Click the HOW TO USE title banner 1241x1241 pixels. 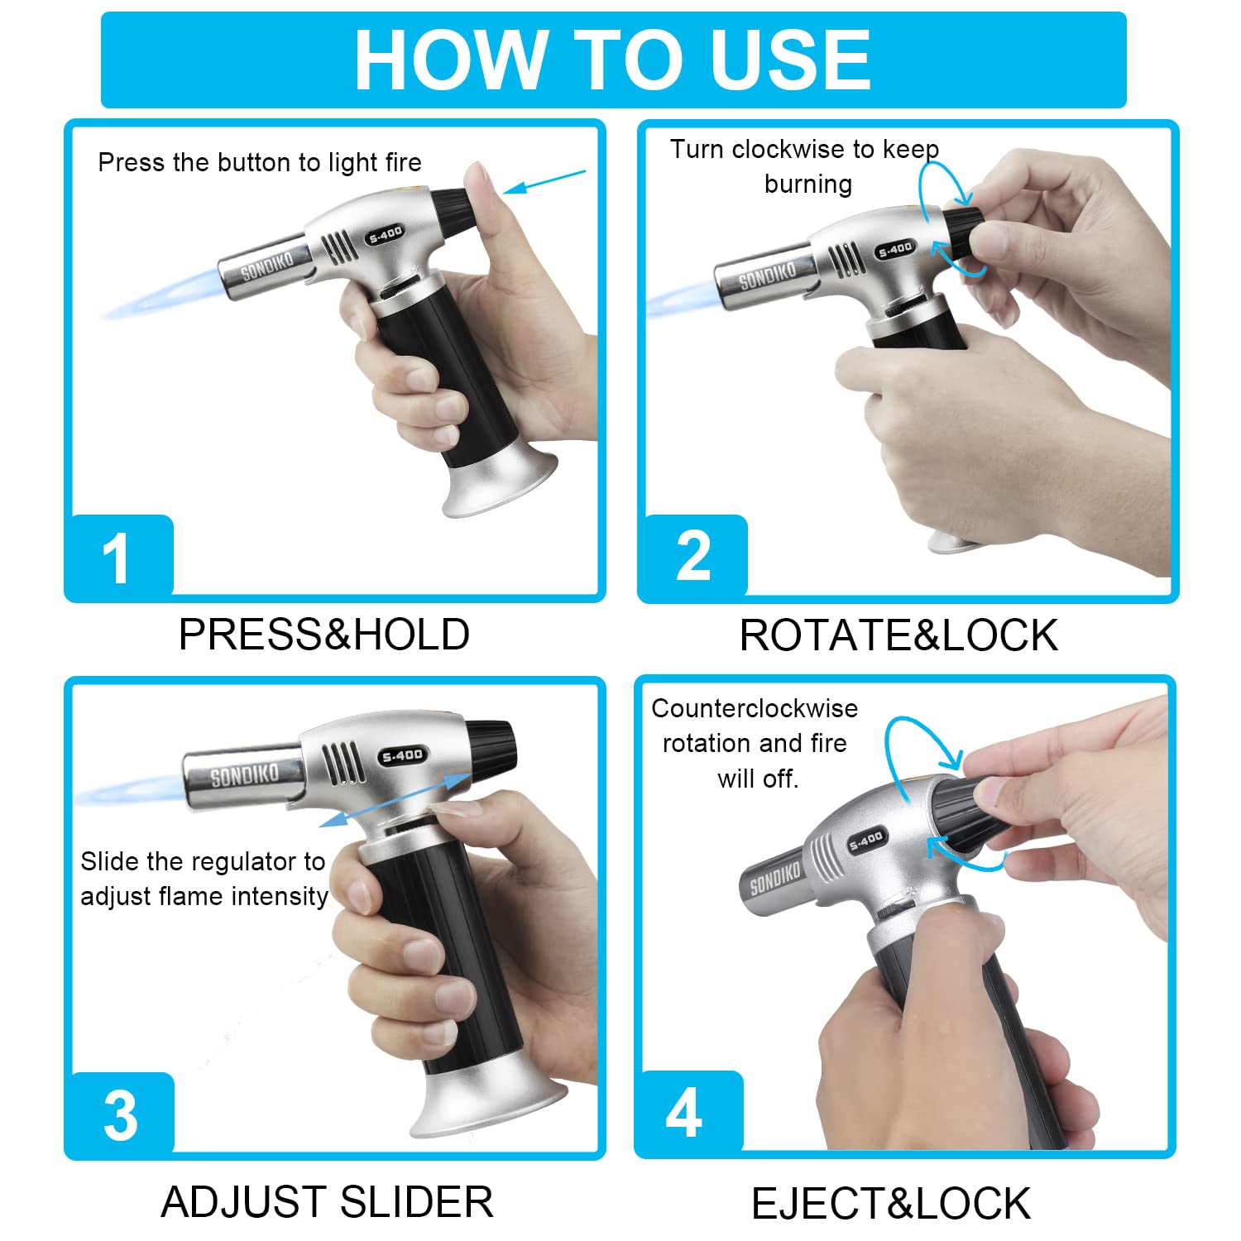pos(613,60)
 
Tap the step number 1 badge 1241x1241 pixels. pos(118,556)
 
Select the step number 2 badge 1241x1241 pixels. pos(692,556)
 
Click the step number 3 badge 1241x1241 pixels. pos(120,1114)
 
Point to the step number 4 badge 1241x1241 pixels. pos(685,1113)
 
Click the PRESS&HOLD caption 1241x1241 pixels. pos(323,635)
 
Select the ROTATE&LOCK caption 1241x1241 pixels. pos(898,635)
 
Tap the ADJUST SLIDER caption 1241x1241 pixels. pos(327,1201)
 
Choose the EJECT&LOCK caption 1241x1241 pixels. pos(891,1203)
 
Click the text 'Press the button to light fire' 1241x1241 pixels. pos(259,162)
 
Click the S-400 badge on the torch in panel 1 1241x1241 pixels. pos(386,235)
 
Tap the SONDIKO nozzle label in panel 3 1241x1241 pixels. pos(244,775)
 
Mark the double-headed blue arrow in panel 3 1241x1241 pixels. pos(395,799)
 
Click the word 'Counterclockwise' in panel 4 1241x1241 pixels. pos(754,708)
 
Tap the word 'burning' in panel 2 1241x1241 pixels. pos(807,184)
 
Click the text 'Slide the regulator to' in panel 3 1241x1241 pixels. pos(203,861)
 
